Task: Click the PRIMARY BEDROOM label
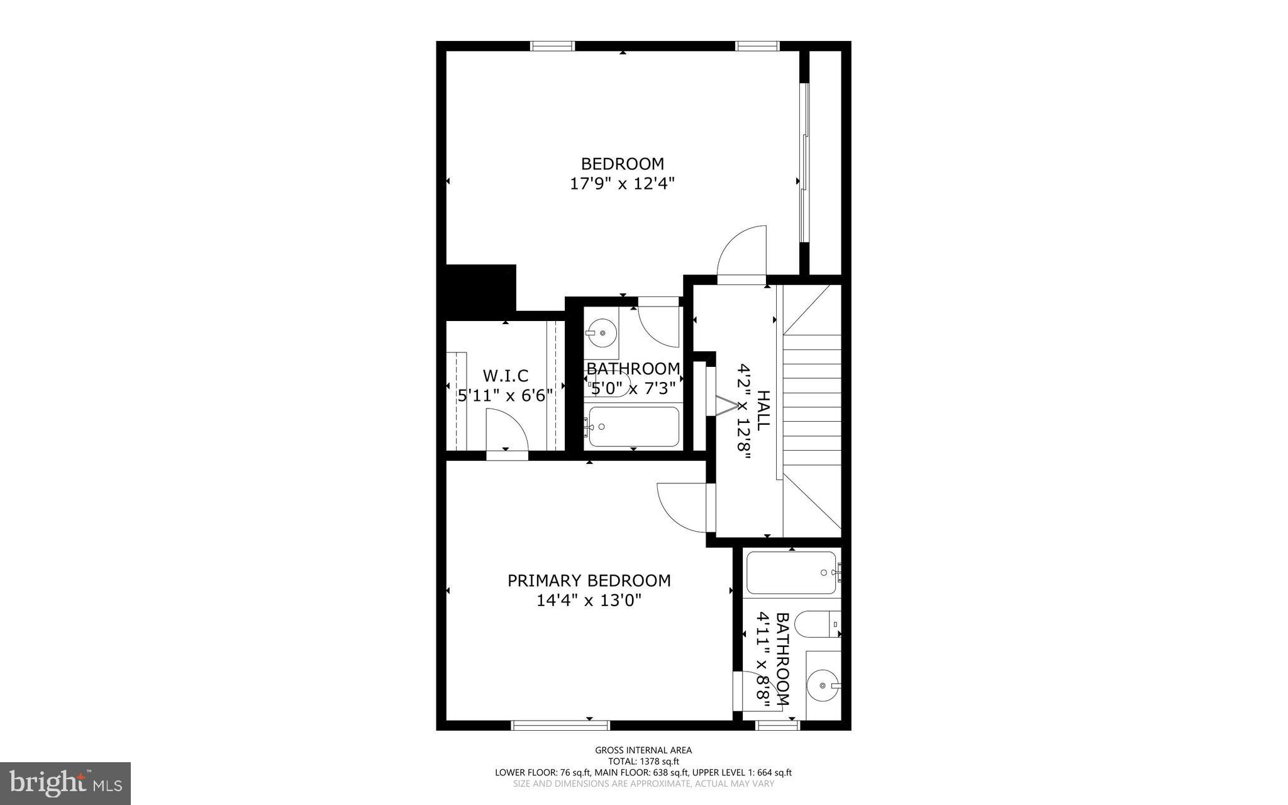(x=589, y=580)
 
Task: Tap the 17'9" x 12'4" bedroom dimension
(x=622, y=184)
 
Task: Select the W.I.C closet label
(x=505, y=376)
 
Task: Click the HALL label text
(x=762, y=410)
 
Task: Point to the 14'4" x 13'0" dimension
(x=589, y=600)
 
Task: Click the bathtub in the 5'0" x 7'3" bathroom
(x=633, y=427)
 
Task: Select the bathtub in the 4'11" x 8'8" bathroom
(x=791, y=573)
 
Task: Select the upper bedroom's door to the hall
(x=743, y=252)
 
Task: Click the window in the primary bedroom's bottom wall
(x=560, y=725)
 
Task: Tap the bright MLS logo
(x=65, y=783)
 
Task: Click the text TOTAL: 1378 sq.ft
(x=643, y=761)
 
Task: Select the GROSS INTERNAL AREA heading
(x=643, y=750)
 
